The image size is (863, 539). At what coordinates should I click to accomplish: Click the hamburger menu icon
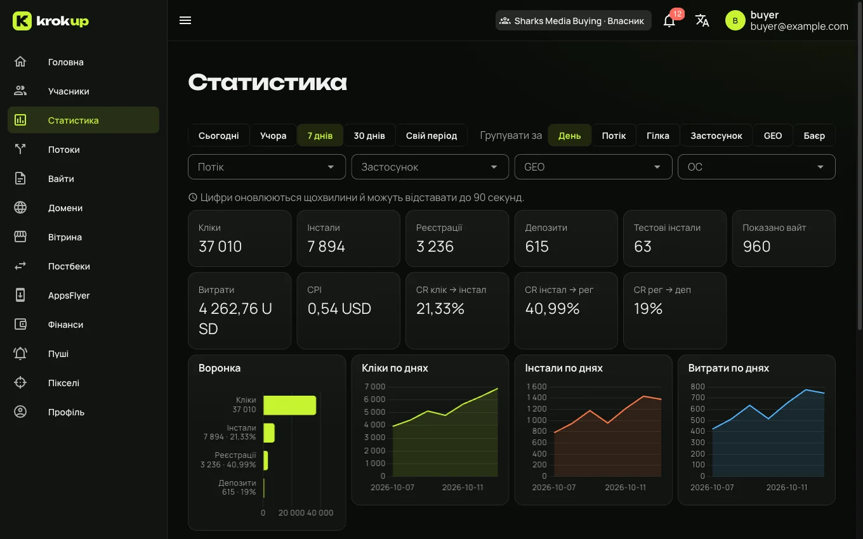point(185,20)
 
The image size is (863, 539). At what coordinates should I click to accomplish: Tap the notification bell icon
point(669,21)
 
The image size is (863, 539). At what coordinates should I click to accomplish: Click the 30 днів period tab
point(369,136)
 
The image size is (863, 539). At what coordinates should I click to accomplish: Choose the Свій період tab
point(431,136)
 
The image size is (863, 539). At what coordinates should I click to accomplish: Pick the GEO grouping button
point(773,136)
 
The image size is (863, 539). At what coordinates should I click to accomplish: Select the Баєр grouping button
point(814,136)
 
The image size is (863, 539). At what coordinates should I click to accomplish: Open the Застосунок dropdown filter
point(430,167)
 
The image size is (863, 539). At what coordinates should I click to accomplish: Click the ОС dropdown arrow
point(820,167)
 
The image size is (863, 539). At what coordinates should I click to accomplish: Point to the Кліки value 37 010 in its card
point(220,247)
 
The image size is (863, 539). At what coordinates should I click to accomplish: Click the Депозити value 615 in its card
point(537,247)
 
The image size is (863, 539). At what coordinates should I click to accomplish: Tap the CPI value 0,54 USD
point(339,308)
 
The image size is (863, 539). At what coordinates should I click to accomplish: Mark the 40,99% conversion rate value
point(552,308)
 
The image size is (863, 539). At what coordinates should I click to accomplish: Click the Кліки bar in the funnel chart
point(290,405)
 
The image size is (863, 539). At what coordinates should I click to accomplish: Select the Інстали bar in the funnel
point(269,432)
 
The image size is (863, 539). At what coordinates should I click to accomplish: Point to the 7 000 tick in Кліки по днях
point(374,387)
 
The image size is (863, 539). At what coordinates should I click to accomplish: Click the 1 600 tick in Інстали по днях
point(536,387)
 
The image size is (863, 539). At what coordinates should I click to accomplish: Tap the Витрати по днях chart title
point(728,368)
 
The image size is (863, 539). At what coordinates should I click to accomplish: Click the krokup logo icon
point(22,20)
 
